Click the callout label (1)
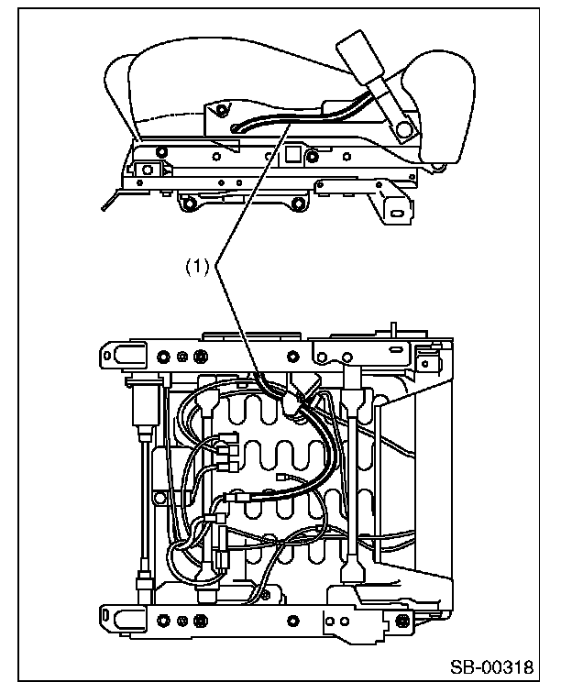196,267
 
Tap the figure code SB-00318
492,667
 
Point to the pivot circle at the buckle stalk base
403,129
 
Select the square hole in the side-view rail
292,154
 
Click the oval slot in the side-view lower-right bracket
397,214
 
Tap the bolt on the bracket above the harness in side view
221,109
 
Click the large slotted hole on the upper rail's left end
124,355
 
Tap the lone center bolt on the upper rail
293,357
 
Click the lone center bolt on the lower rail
292,621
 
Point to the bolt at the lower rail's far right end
403,621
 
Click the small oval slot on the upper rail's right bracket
395,350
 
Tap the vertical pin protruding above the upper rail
393,329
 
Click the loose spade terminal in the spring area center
281,477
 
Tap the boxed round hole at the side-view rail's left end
148,170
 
